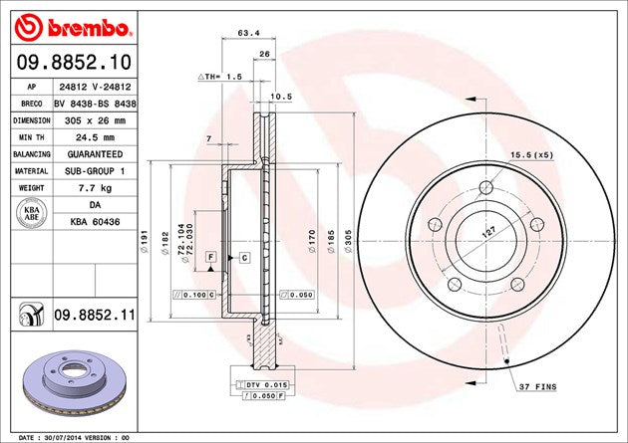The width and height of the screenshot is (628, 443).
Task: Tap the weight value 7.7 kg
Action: [x=95, y=186]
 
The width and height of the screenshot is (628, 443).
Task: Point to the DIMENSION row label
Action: [x=30, y=118]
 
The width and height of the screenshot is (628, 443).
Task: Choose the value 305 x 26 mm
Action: [x=95, y=118]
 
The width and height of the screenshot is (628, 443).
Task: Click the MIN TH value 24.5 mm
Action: [x=95, y=136]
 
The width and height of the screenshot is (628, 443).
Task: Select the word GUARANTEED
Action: [x=95, y=153]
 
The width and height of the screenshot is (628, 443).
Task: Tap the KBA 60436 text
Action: [x=95, y=220]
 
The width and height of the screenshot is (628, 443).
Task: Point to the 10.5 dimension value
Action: [x=280, y=97]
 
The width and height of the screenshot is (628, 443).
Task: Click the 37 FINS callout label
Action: [x=536, y=384]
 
